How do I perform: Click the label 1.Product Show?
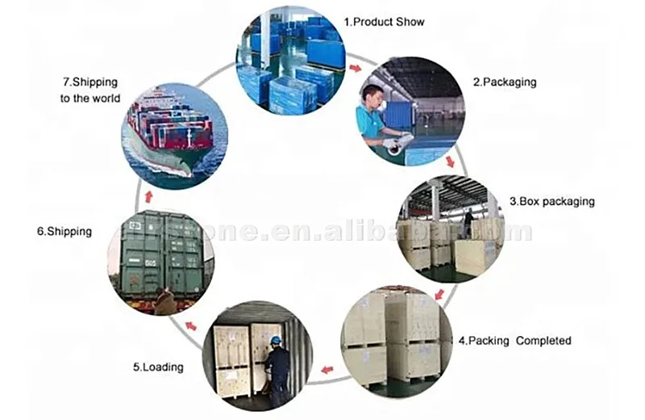point(384,22)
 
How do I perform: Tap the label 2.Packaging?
point(504,82)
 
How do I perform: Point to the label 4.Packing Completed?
point(514,341)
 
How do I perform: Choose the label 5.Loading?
point(158,367)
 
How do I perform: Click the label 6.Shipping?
point(64,231)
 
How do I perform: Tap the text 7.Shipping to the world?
point(90,90)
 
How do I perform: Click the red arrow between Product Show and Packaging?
point(356,68)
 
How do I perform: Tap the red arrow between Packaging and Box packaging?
point(450,162)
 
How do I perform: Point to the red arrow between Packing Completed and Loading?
point(327,370)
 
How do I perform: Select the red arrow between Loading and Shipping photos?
point(190,325)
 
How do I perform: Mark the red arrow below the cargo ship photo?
point(148,196)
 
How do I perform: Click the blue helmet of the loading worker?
point(276,340)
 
